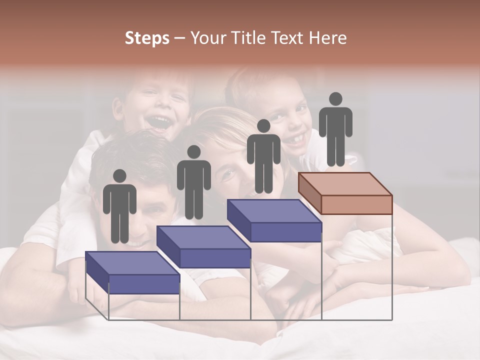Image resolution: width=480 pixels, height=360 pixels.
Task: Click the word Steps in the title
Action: (147, 38)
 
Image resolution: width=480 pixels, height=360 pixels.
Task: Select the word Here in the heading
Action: (328, 38)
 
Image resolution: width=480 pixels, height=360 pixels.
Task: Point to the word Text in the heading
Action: (288, 38)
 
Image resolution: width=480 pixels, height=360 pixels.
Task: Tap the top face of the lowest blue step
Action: (132, 263)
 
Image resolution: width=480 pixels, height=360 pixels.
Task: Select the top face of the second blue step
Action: (203, 237)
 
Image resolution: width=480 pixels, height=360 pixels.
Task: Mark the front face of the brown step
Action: (356, 204)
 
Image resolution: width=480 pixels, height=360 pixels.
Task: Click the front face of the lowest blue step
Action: (144, 284)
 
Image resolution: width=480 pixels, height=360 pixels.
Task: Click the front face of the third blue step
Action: (285, 232)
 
